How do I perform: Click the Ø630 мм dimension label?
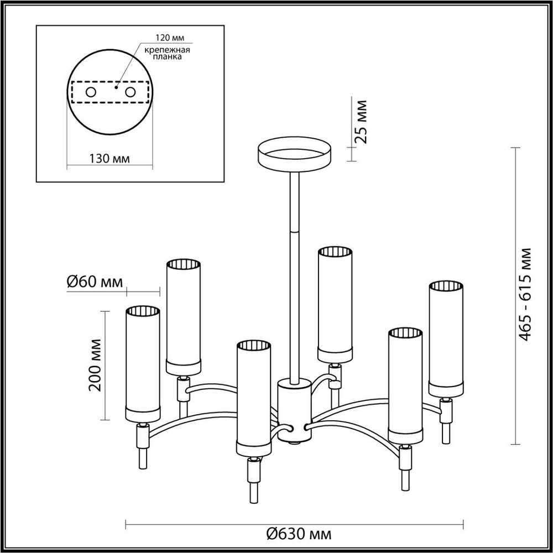(299, 535)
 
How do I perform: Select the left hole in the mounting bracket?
(91, 92)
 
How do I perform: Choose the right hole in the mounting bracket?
(131, 92)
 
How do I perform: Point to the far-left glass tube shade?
(143, 364)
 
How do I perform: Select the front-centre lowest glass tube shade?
(253, 397)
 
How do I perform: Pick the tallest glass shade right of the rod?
(335, 304)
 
